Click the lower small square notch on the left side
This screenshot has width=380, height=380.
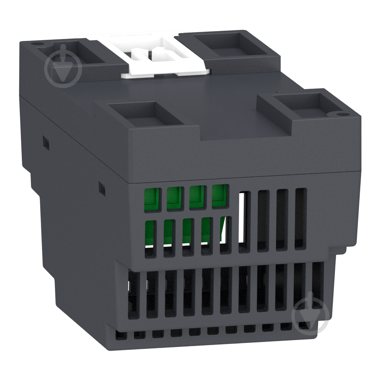[x=101, y=188]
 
